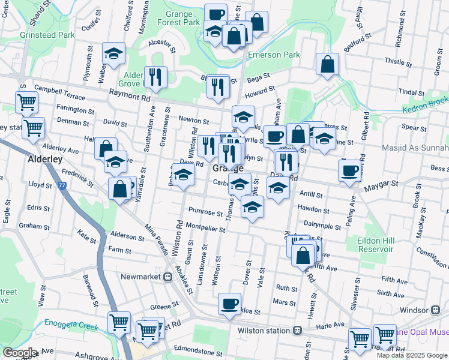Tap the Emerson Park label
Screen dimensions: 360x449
point(274,55)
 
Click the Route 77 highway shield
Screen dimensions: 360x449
point(63,187)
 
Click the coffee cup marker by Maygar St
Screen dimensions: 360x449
point(349,171)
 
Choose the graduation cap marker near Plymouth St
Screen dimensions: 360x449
point(113,53)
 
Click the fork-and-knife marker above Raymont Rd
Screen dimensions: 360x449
point(155,77)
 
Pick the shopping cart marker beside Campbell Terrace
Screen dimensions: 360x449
point(27,103)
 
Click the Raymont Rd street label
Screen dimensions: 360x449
point(130,96)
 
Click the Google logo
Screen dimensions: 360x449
point(20,353)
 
